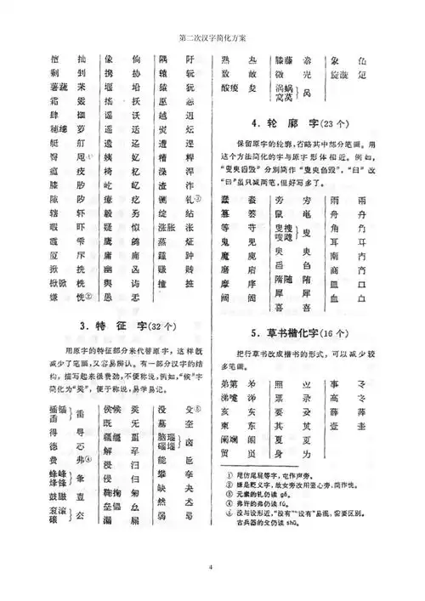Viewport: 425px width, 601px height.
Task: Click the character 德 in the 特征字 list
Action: (x=52, y=424)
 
